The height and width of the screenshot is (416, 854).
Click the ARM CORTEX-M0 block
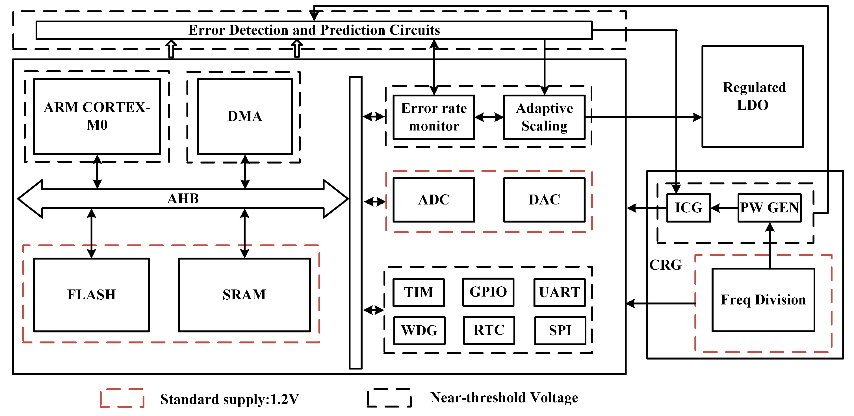[97, 116]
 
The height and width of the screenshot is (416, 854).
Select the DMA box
[245, 116]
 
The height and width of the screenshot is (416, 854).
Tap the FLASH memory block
[92, 295]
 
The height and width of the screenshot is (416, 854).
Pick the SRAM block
[244, 295]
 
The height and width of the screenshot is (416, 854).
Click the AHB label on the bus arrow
[183, 199]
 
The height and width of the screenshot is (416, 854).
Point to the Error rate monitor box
[433, 117]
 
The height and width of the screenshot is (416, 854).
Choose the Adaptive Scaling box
[544, 117]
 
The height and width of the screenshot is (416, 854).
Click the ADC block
[433, 200]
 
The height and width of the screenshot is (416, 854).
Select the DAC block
[544, 200]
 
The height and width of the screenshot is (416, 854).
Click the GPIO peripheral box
[488, 292]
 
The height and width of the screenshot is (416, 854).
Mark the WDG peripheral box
[419, 330]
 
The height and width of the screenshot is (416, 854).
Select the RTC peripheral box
[489, 330]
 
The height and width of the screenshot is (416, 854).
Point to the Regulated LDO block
[752, 96]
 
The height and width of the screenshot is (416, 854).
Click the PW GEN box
[769, 208]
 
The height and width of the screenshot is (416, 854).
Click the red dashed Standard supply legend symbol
[122, 398]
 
